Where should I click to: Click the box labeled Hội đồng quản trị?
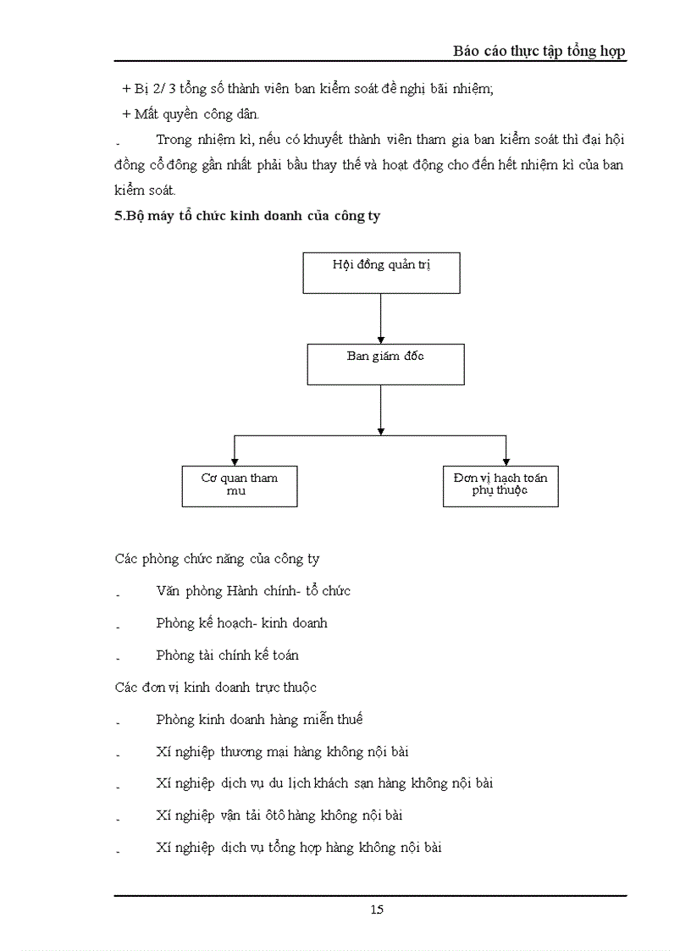tap(381, 273)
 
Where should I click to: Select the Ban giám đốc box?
tap(385, 364)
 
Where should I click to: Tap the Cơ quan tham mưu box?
tap(240, 485)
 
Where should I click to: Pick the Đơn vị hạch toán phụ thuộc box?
tap(500, 485)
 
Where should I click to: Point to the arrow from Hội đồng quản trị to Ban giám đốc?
tap(381, 318)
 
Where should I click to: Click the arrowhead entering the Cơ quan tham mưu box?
tap(235, 460)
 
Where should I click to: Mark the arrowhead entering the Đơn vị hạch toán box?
tap(506, 460)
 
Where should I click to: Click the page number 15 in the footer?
tap(377, 910)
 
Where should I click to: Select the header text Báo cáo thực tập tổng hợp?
tap(539, 51)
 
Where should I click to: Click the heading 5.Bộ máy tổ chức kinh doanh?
tap(247, 216)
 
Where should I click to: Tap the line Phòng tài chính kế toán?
tap(227, 655)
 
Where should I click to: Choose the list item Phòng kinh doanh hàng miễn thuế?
tap(259, 719)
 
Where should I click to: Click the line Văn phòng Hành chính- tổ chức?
tap(253, 590)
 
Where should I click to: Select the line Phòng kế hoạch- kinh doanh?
tap(241, 622)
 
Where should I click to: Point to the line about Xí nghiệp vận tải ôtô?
tap(279, 816)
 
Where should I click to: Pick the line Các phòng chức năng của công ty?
tap(217, 559)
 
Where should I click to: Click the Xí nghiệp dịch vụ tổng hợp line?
tap(298, 848)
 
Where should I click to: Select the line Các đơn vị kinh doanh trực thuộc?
tap(215, 687)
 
